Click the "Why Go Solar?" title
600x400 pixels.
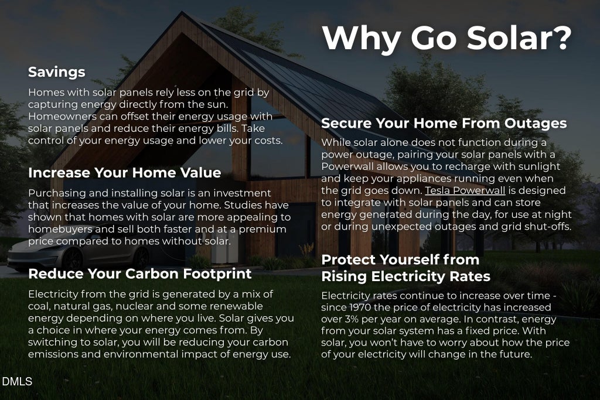[446, 38]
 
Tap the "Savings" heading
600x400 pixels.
[57, 72]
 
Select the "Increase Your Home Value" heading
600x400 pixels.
[124, 172]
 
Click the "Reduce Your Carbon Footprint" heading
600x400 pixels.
[139, 274]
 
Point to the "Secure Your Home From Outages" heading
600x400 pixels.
[444, 123]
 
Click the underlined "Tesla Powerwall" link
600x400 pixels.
[465, 190]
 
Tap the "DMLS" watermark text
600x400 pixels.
[17, 381]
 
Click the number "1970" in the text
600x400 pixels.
[360, 307]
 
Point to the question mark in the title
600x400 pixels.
[562, 38]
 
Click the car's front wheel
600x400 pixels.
[72, 259]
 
